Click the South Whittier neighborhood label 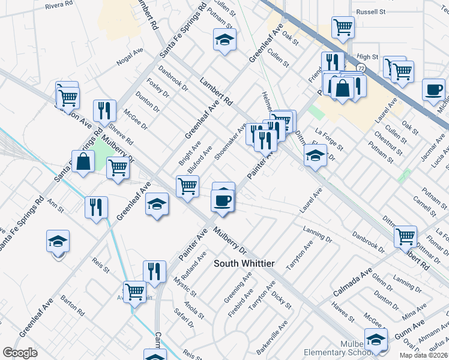click(245, 263)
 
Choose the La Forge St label click(328, 139)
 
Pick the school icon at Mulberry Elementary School click(376, 340)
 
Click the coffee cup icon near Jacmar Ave click(433, 90)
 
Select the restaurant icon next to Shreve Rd click(105, 110)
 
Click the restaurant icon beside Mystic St click(154, 271)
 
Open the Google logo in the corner click(20, 352)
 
